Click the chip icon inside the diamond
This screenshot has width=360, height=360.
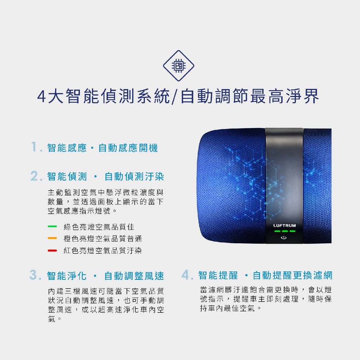[179, 66]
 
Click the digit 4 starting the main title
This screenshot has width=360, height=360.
[41, 97]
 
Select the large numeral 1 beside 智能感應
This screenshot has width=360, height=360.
[34, 147]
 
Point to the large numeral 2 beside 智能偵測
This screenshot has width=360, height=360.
[34, 176]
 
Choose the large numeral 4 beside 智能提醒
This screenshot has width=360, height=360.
[186, 275]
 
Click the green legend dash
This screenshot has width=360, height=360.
[52, 226]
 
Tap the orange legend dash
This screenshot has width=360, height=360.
[52, 238]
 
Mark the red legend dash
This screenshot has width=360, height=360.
[52, 250]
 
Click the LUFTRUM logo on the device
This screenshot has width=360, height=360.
[284, 225]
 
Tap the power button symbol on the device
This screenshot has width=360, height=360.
[284, 238]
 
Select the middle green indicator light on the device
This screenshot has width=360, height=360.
[285, 231]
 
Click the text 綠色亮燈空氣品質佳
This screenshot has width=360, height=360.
[99, 227]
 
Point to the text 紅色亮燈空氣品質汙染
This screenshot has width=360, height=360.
[103, 250]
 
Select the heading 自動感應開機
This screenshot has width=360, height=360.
[128, 148]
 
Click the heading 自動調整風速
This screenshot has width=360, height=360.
[134, 276]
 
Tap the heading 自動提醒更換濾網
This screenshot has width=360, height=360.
[292, 275]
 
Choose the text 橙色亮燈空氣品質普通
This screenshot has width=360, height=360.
[103, 239]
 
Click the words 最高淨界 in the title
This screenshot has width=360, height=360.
[284, 96]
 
